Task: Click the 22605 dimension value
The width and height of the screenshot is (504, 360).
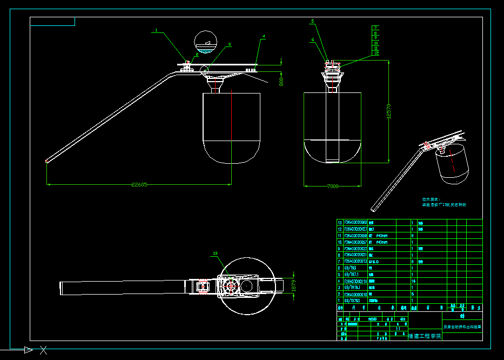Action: (139, 184)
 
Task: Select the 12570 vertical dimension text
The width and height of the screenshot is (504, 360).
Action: (388, 111)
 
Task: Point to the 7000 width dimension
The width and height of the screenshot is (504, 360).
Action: (332, 186)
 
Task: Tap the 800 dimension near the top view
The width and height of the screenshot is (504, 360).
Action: (281, 82)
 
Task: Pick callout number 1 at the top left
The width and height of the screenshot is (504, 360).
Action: (156, 30)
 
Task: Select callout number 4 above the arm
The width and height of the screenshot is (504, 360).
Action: (264, 36)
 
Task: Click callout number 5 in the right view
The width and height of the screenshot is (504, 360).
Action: (312, 21)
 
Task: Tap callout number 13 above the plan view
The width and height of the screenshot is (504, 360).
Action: (215, 253)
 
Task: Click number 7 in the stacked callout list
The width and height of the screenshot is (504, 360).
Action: (375, 28)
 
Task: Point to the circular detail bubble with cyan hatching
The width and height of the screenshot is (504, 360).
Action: (206, 42)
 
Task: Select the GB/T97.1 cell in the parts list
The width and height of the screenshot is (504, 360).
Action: (351, 275)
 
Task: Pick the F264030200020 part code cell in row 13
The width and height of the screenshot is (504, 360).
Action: (355, 222)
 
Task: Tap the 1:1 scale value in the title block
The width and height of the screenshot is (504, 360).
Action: (398, 328)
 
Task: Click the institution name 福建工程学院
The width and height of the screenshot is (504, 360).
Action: (425, 336)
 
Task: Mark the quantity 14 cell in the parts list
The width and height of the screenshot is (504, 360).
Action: (413, 281)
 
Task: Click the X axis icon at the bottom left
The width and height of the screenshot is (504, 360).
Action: (43, 350)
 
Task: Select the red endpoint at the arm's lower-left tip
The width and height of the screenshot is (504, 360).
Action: (47, 161)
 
